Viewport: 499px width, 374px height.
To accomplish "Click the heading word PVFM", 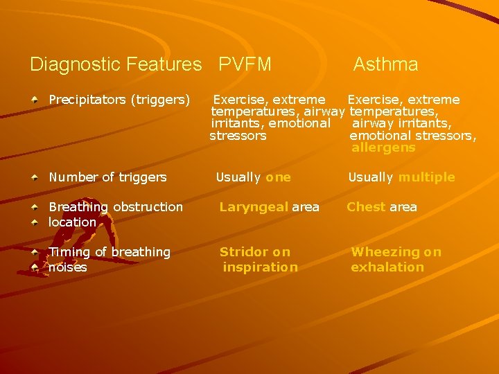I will [x=245, y=65].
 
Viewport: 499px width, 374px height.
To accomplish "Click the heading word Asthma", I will [x=385, y=65].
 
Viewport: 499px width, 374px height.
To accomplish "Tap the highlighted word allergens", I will [x=383, y=148].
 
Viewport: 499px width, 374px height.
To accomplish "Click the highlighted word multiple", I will [x=426, y=177].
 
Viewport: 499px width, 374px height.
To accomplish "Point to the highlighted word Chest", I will [x=366, y=207].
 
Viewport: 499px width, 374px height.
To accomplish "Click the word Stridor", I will [x=244, y=252].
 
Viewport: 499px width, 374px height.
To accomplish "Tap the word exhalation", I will [x=387, y=267].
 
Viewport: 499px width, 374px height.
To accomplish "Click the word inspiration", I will [x=260, y=267].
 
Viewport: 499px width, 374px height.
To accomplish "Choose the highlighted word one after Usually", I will [x=278, y=177].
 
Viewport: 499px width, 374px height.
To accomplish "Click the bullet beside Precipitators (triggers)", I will [x=35, y=100].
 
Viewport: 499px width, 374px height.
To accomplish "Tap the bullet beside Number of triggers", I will [x=35, y=177].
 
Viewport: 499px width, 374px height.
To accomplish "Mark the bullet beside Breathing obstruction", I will [x=35, y=207].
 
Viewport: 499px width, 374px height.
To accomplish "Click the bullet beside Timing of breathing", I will [x=35, y=252].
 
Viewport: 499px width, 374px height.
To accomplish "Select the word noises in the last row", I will [x=68, y=267].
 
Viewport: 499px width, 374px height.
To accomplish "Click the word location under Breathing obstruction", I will [x=72, y=222].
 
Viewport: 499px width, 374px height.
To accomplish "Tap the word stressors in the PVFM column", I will [x=238, y=136].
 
